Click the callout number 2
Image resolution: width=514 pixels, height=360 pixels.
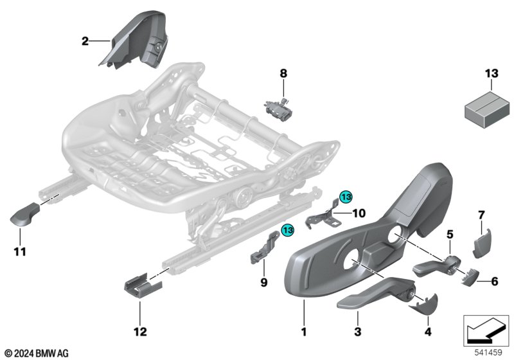click(85, 41)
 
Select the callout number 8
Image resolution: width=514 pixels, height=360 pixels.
click(283, 73)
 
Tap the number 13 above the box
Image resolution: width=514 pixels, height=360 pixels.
click(492, 73)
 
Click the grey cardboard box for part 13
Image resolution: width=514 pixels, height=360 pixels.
click(487, 109)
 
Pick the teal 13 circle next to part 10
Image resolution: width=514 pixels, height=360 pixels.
click(346, 197)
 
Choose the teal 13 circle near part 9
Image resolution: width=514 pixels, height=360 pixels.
click(288, 230)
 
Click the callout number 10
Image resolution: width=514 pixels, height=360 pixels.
click(359, 213)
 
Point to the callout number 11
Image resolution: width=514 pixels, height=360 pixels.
click(20, 252)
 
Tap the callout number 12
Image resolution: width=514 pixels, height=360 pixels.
click(140, 332)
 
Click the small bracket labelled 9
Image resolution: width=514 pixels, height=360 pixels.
click(264, 247)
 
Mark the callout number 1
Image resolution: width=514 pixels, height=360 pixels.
click(304, 332)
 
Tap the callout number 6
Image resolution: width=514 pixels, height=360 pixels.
click(494, 282)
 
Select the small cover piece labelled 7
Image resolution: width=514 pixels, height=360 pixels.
click(481, 243)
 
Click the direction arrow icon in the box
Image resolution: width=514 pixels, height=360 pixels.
click(486, 330)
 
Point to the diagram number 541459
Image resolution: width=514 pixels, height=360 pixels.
click(488, 352)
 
